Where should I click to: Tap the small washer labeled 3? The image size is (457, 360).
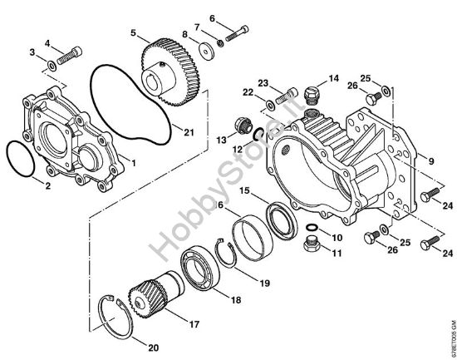(x=52, y=64)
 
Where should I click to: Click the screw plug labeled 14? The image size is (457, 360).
(x=312, y=91)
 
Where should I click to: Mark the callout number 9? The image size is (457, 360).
(x=431, y=158)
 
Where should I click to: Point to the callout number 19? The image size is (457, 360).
(x=264, y=284)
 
